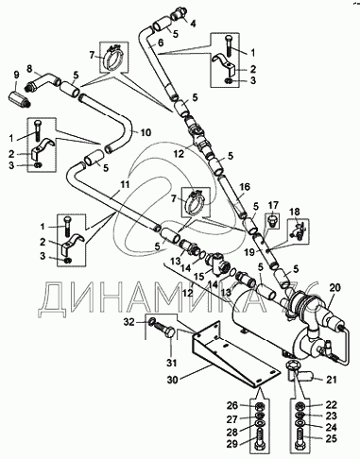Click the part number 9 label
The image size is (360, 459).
click(16, 75)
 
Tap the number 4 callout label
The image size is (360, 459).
click(193, 23)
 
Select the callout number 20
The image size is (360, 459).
click(335, 287)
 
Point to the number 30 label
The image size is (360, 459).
click(173, 380)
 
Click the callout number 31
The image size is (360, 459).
click(172, 363)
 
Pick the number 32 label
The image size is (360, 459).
click(129, 322)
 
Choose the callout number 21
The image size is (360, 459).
click(331, 380)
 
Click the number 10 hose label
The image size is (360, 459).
click(146, 132)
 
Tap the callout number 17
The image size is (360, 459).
click(273, 206)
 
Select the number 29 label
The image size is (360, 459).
click(232, 444)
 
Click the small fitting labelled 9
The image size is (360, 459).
click(18, 96)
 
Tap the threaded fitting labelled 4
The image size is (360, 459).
click(180, 12)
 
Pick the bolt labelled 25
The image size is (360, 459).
click(300, 437)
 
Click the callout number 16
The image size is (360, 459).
click(244, 187)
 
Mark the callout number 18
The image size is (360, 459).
click(295, 212)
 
